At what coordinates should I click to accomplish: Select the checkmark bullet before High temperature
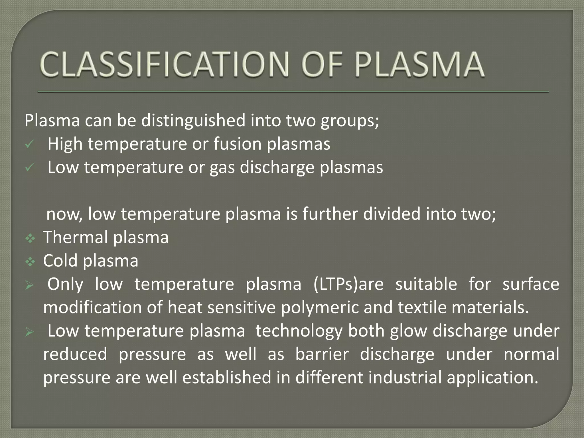(x=29, y=145)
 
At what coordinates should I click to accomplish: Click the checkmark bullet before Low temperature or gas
(x=29, y=168)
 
